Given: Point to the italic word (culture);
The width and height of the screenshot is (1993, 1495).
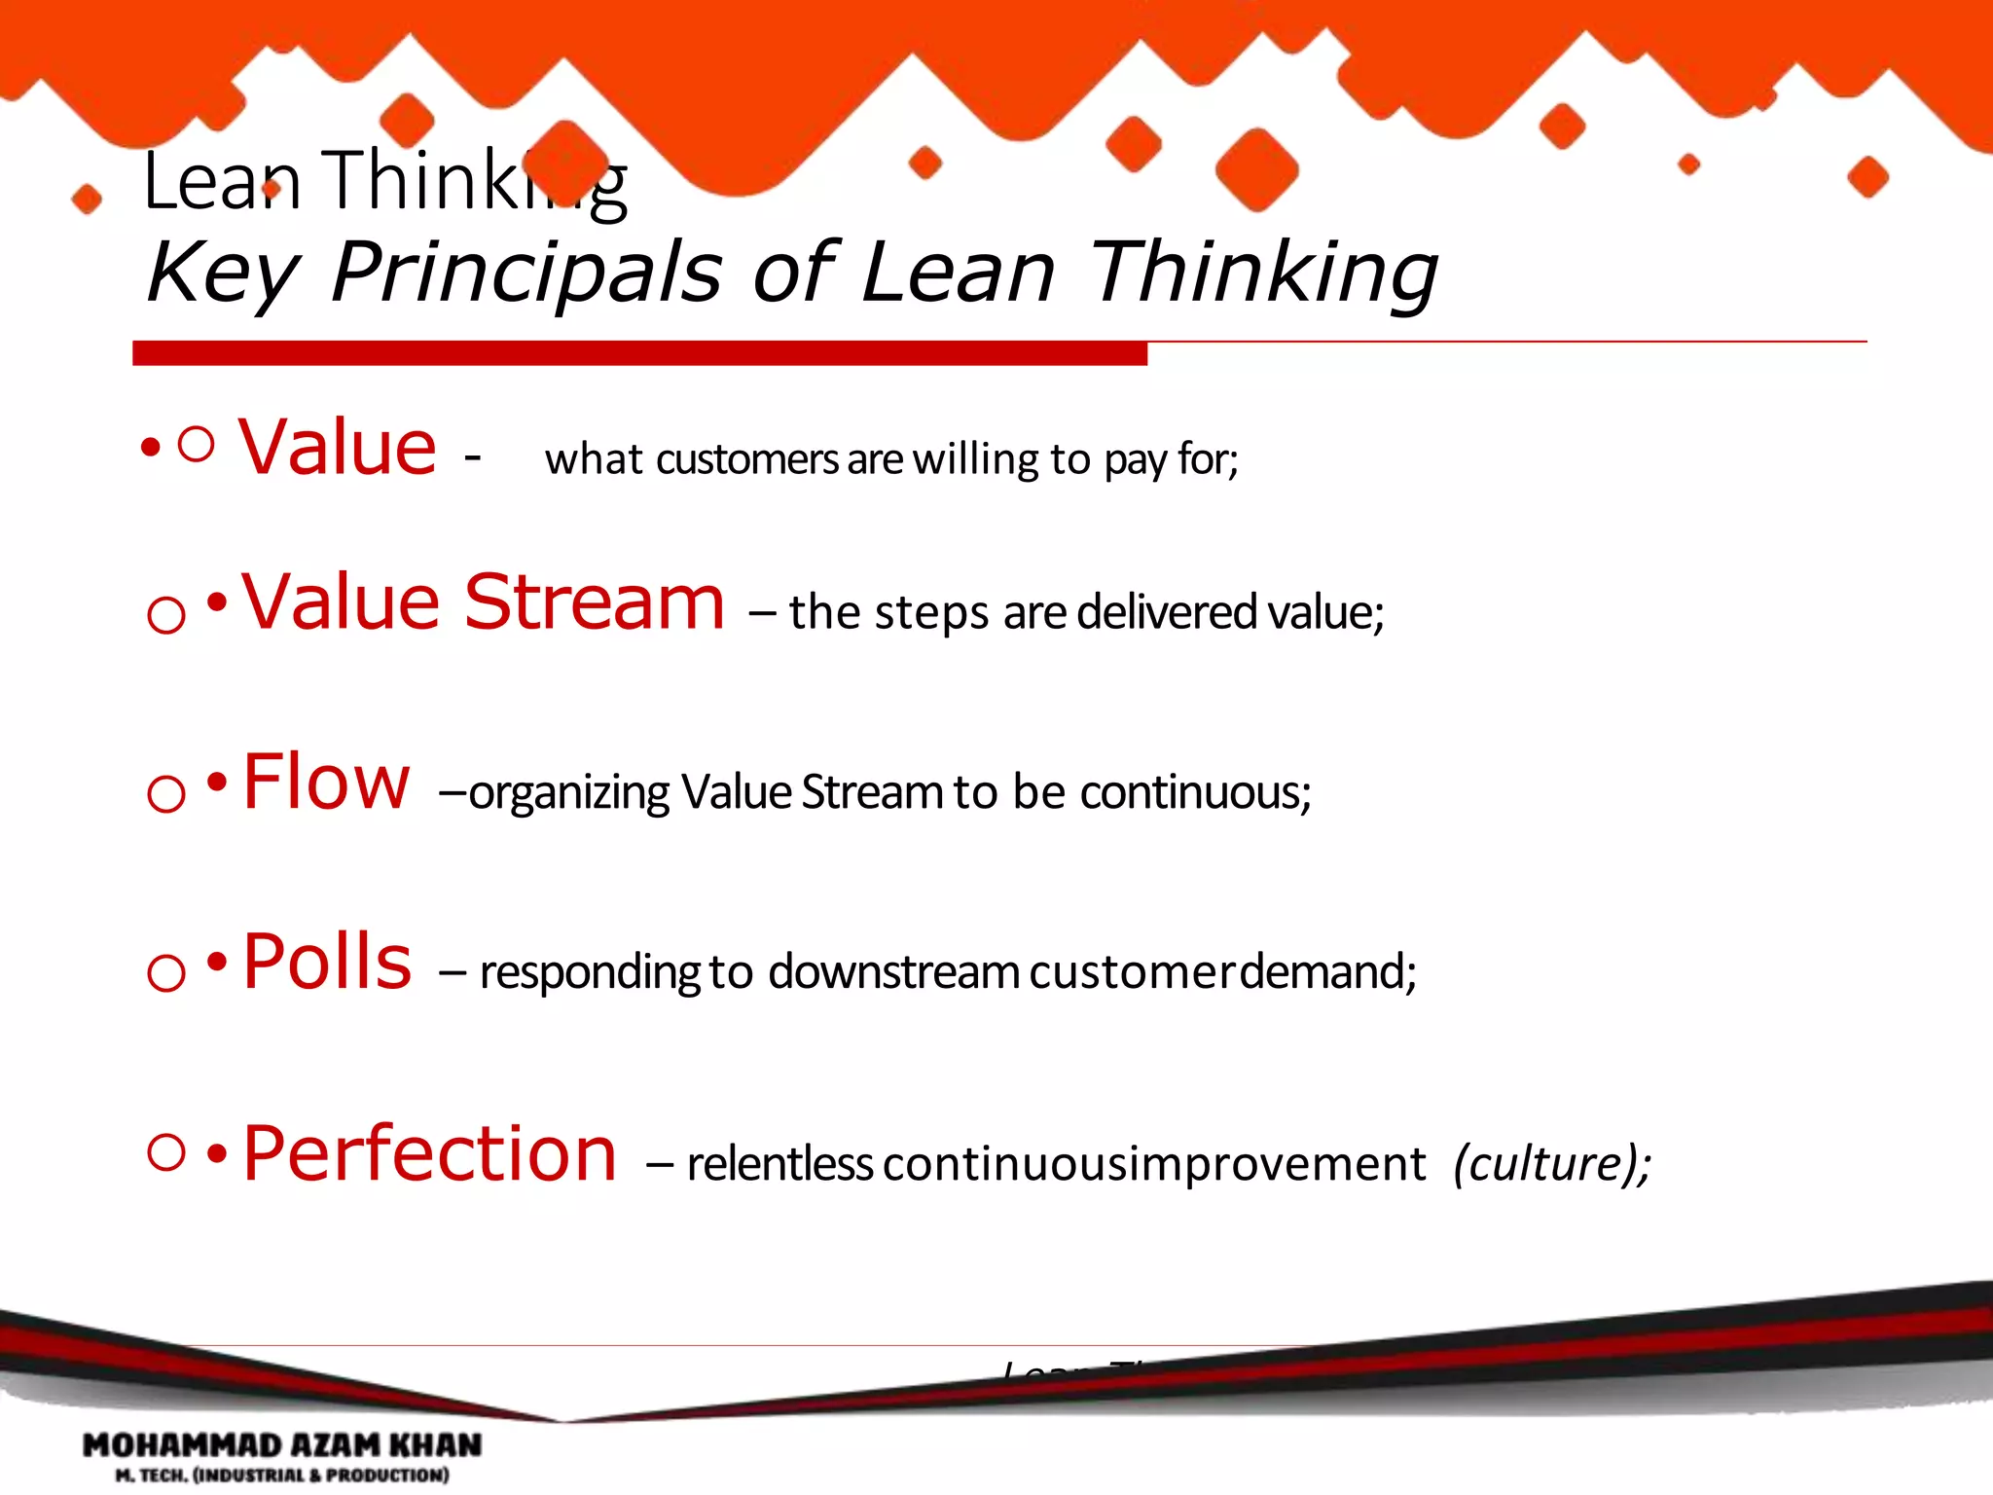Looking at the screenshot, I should [1552, 1164].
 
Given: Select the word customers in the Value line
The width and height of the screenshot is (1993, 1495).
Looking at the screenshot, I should [746, 459].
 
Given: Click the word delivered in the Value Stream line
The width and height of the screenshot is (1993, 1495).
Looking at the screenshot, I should [1168, 612].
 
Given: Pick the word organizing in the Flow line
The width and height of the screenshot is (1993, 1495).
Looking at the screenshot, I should [568, 793].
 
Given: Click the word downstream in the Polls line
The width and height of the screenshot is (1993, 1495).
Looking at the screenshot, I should [893, 972].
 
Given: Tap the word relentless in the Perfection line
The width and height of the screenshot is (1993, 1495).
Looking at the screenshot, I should [779, 1164].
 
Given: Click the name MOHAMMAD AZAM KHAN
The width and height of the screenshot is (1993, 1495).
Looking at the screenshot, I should [282, 1444].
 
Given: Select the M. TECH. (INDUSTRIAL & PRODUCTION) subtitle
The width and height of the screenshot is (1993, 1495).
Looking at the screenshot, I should [282, 1476].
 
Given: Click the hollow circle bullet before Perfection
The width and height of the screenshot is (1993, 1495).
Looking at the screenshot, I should [166, 1152].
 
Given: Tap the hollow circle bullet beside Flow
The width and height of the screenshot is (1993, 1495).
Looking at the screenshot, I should [166, 793].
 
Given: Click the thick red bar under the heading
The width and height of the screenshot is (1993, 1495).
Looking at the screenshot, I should [639, 353].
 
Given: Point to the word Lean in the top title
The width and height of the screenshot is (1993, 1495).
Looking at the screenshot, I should [222, 182].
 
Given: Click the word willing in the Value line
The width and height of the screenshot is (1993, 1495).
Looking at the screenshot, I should [976, 459].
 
